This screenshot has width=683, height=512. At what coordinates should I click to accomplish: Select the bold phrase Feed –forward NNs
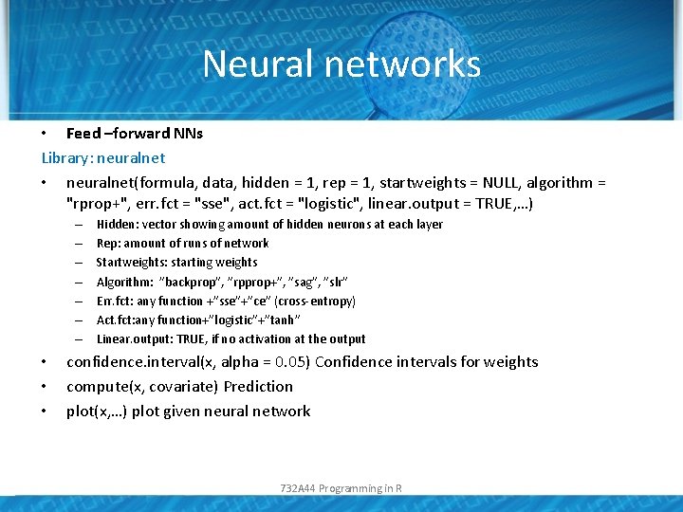(135, 134)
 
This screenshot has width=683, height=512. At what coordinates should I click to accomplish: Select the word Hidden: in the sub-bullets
(118, 225)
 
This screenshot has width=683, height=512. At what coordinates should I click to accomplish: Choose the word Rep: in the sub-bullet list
(108, 244)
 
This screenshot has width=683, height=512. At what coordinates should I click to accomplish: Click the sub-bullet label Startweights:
(131, 263)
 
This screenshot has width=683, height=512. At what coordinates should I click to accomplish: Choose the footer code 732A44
(298, 488)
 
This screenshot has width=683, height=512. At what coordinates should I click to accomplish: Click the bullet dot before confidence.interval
(45, 362)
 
